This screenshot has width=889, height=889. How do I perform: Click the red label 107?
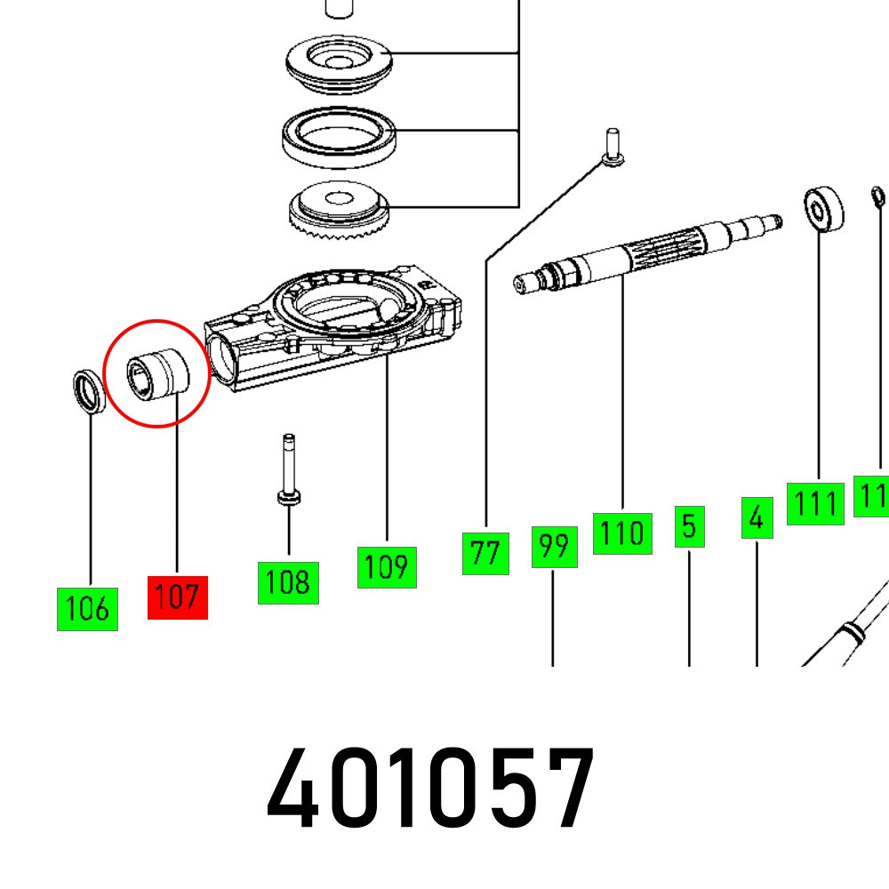pyautogui.click(x=177, y=597)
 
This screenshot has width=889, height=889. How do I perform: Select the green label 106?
pyautogui.click(x=87, y=609)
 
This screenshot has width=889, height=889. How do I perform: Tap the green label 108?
pyautogui.click(x=288, y=582)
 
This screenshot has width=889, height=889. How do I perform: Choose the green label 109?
pyautogui.click(x=387, y=566)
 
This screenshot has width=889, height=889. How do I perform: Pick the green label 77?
pyautogui.click(x=485, y=553)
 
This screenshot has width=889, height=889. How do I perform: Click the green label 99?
pyautogui.click(x=553, y=547)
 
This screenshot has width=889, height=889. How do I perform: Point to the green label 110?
pyautogui.click(x=621, y=533)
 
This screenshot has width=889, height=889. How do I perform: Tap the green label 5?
pyautogui.click(x=689, y=526)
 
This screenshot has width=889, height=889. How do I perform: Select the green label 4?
pyautogui.click(x=757, y=517)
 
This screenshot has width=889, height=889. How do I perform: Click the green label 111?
pyautogui.click(x=815, y=504)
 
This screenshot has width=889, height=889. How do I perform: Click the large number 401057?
pyautogui.click(x=430, y=789)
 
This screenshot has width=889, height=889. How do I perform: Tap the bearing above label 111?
pyautogui.click(x=823, y=210)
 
